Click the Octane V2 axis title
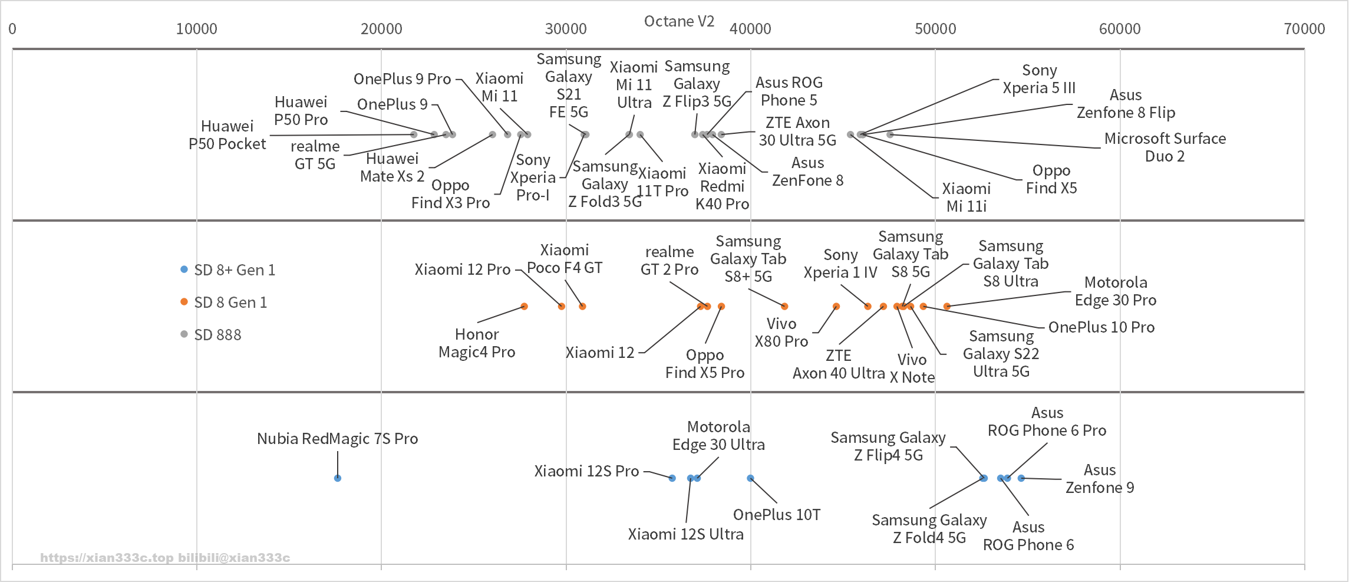679,21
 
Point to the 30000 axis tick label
566,29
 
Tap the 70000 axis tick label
1304,29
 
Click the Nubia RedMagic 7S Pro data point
338,478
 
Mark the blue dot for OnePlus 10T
750,478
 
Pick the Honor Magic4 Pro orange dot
525,307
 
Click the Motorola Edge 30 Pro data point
947,307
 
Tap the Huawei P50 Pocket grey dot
414,135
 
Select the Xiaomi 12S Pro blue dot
672,478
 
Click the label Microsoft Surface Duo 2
1165,147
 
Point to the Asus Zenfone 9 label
1100,479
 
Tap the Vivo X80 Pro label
781,333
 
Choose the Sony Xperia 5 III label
1039,79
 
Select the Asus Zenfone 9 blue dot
1021,478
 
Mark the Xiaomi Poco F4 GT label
565,259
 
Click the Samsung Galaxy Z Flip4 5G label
888,446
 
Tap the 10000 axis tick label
196,29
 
